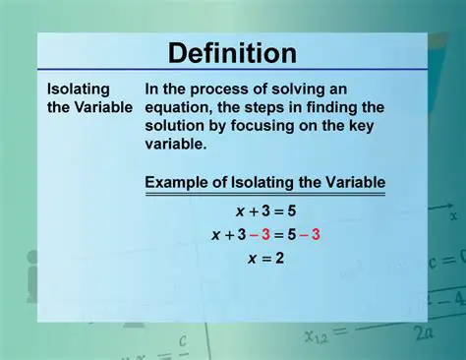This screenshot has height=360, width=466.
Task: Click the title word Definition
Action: [232, 53]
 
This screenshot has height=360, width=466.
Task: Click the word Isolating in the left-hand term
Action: [79, 89]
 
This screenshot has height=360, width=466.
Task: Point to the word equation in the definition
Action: [180, 106]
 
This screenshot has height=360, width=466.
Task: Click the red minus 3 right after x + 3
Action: [260, 235]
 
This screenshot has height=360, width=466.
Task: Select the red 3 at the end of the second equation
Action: [317, 235]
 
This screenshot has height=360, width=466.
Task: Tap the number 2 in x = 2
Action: [280, 260]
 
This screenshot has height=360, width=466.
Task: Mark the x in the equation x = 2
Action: [239, 260]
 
